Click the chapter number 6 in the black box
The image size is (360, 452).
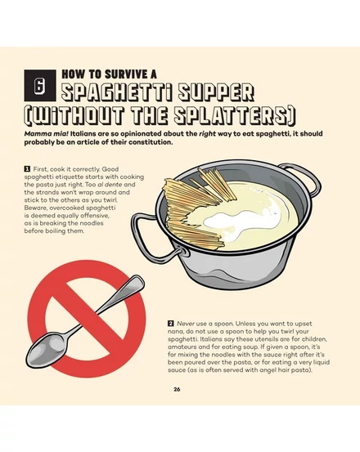(x=40, y=86)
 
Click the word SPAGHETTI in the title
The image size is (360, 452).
(x=117, y=92)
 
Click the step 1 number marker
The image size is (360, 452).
(x=27, y=169)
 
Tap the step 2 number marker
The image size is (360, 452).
(x=170, y=324)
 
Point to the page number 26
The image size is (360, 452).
(x=177, y=389)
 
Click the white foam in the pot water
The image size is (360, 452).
(x=241, y=223)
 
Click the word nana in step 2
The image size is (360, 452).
(x=174, y=332)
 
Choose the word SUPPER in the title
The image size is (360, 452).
(x=216, y=92)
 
